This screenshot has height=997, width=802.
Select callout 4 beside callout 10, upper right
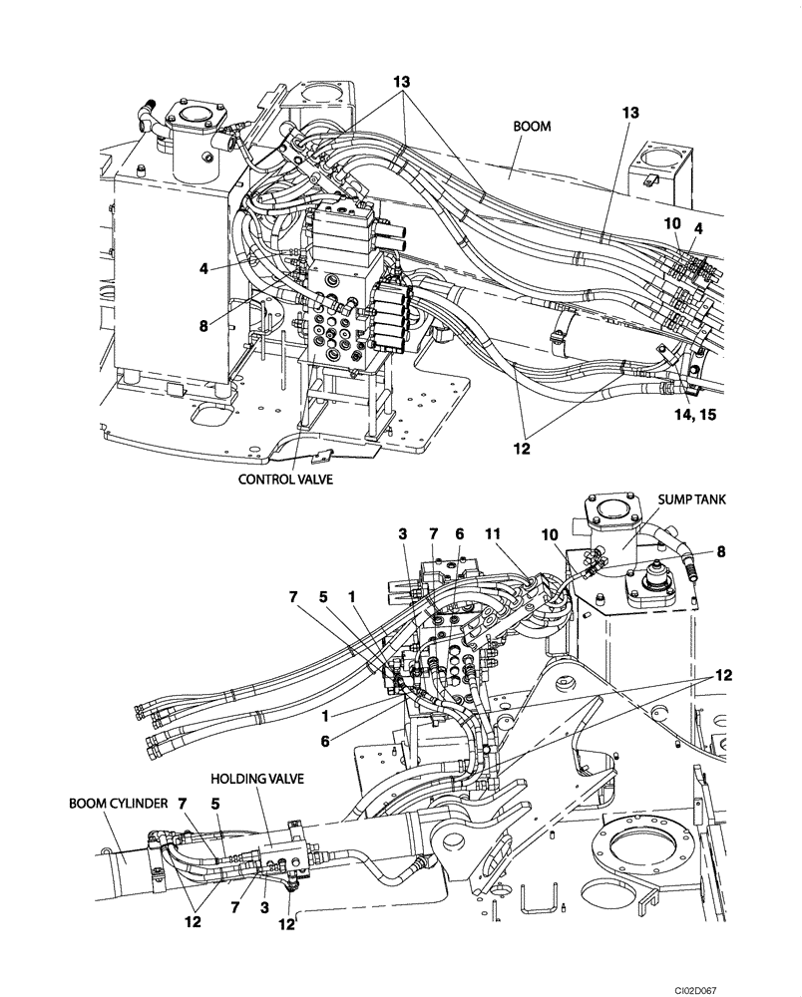699,228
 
